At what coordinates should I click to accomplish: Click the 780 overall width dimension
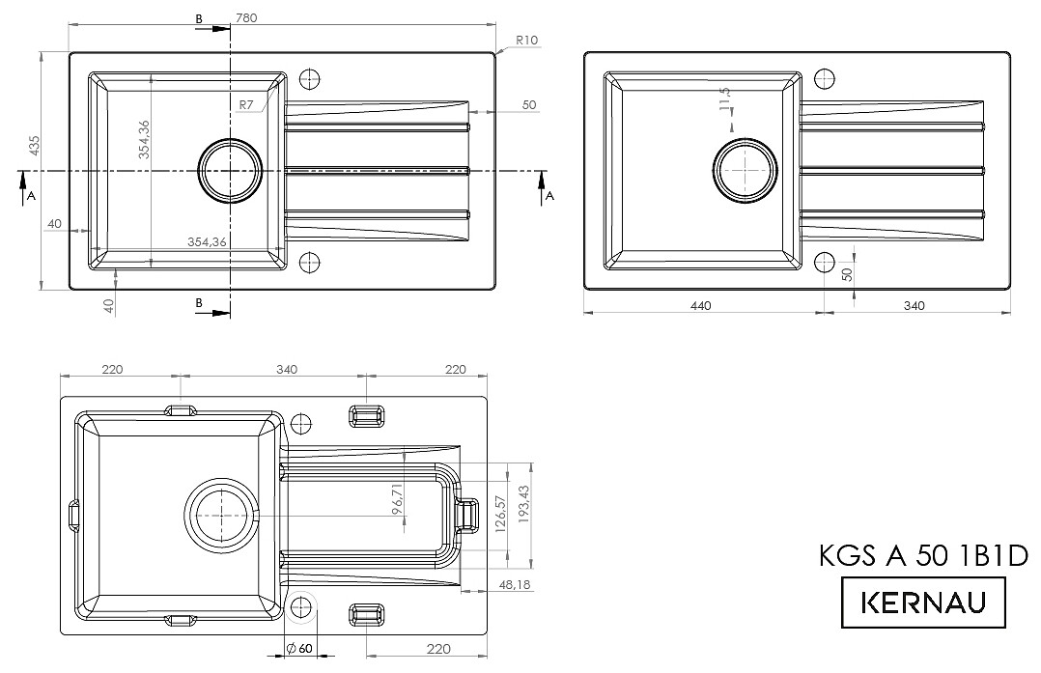coord(245,18)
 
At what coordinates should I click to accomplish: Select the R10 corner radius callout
coord(526,40)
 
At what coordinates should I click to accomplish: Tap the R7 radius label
coord(246,104)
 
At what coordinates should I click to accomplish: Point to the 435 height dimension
coord(35,147)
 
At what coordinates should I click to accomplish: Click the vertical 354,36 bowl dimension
coord(143,139)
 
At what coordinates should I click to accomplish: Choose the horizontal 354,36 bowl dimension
coord(207,242)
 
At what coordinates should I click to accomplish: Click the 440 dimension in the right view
coord(700,306)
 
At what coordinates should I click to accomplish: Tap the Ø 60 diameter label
coord(299,649)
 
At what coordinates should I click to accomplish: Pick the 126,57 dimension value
coord(500,514)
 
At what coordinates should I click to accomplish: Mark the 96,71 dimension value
coord(397,499)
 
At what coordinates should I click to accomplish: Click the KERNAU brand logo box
coord(923,603)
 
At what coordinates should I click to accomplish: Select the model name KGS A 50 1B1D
coord(923,555)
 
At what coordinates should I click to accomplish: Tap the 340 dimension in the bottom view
coord(286,369)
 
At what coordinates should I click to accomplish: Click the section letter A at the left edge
coord(31,196)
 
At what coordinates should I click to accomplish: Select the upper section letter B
coord(199,19)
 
